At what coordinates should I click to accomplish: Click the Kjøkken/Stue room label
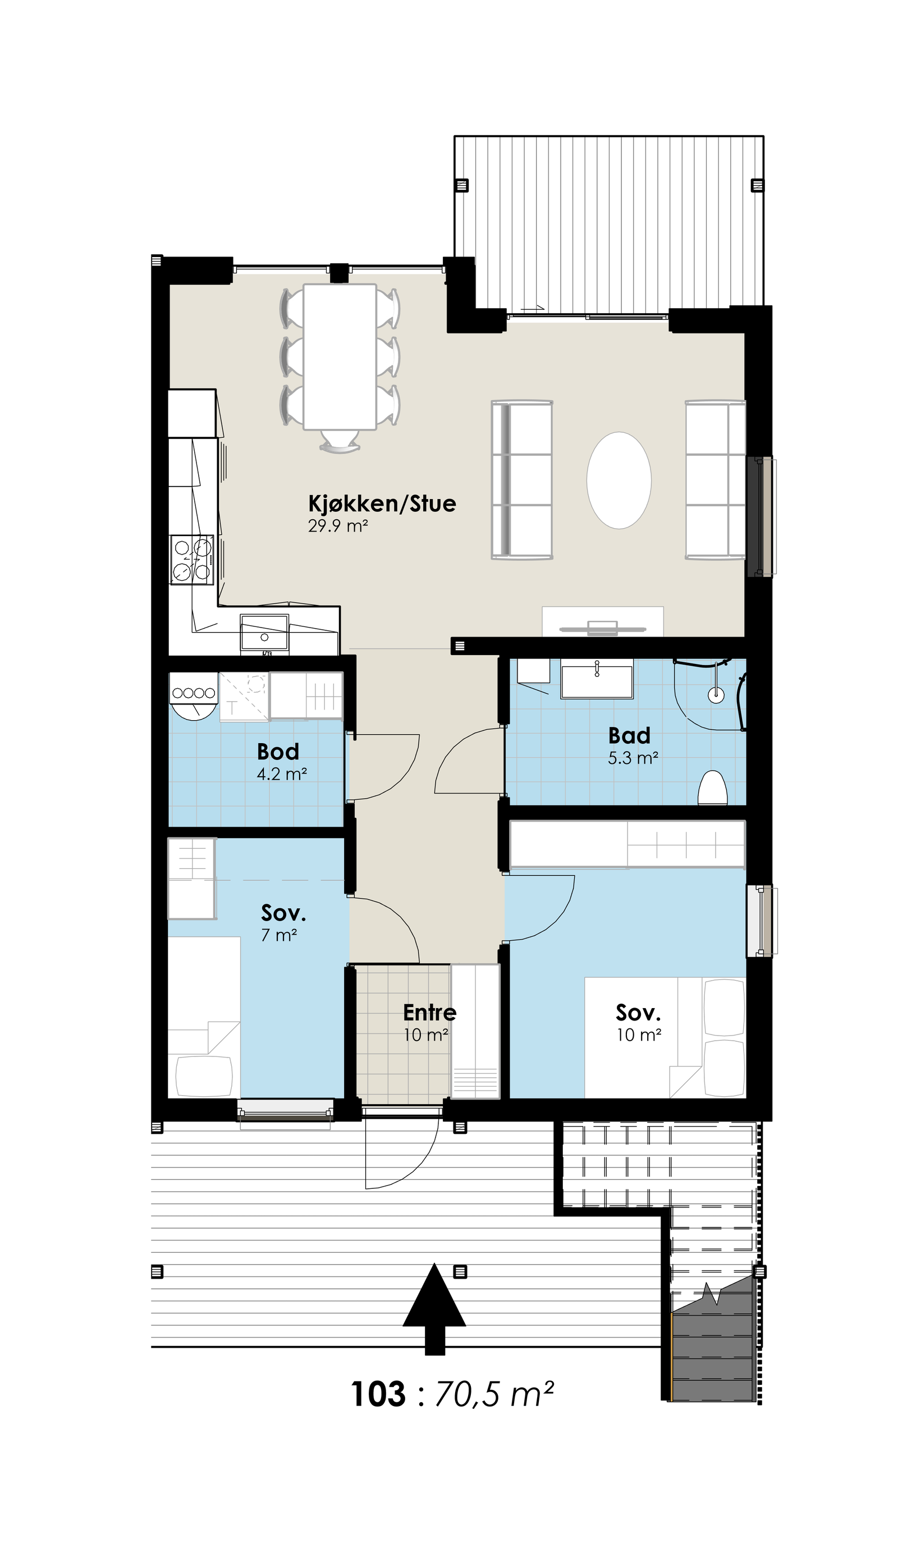click(x=382, y=504)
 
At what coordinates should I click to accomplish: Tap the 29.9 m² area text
click(x=338, y=526)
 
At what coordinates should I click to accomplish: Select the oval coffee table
click(x=618, y=480)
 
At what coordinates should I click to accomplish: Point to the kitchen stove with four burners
click(x=193, y=560)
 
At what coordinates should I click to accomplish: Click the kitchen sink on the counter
click(x=264, y=632)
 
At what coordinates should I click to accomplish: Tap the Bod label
click(x=278, y=751)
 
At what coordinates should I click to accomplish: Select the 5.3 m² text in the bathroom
click(x=633, y=758)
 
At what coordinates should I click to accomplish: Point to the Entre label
click(x=429, y=1013)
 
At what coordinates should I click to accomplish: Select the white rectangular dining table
click(x=340, y=356)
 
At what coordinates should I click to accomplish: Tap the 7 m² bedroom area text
click(x=279, y=936)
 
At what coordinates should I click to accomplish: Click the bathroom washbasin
click(x=597, y=679)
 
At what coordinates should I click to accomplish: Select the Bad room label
click(x=629, y=735)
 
